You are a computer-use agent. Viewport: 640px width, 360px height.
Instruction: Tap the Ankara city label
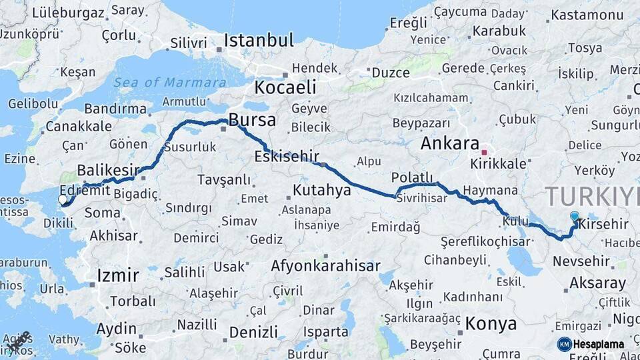point(449,144)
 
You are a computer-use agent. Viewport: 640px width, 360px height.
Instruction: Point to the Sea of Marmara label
point(169,83)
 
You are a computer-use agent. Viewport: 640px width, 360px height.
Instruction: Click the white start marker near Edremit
point(63,199)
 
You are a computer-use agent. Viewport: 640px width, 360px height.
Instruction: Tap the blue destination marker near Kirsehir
point(575,216)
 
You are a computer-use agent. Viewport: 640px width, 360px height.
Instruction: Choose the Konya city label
point(491,324)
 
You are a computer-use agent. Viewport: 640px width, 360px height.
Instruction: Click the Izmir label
point(118,275)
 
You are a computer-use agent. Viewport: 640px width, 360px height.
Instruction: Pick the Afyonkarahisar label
point(325,266)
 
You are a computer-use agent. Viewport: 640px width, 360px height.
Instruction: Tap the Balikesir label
point(107,169)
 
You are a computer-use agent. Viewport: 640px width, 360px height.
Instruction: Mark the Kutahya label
point(321,191)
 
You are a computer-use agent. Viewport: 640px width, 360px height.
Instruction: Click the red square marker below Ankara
point(484,153)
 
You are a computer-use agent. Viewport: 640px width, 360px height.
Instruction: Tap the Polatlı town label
point(412,177)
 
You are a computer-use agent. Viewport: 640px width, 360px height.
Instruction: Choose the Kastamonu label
point(587,14)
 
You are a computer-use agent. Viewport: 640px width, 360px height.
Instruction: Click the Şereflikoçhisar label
point(485,242)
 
